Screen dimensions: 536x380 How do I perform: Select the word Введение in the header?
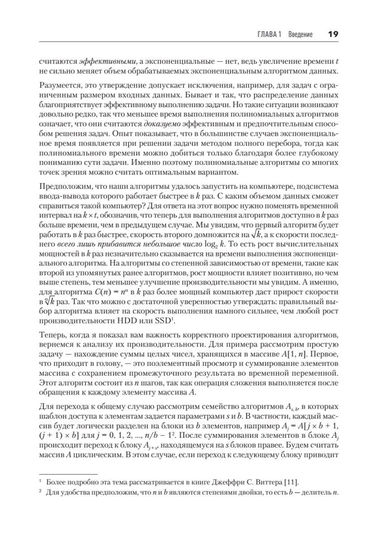300,35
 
